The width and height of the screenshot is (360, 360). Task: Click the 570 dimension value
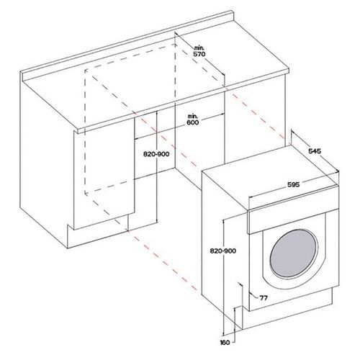199,54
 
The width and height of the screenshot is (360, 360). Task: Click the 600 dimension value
193,122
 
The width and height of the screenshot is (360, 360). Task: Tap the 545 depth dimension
315,151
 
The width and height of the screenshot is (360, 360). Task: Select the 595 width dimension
293,184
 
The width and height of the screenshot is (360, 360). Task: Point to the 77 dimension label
264,298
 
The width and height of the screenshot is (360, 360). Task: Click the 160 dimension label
225,343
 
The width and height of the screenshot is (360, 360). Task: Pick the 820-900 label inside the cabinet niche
156,154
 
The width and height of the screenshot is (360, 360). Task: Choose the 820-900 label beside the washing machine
223,251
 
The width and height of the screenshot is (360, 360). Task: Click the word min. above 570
199,48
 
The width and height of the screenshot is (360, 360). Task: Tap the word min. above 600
192,117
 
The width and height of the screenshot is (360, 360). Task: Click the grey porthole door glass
294,253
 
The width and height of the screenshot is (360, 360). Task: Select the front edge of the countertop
181,101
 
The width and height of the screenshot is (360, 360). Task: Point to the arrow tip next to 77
250,293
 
